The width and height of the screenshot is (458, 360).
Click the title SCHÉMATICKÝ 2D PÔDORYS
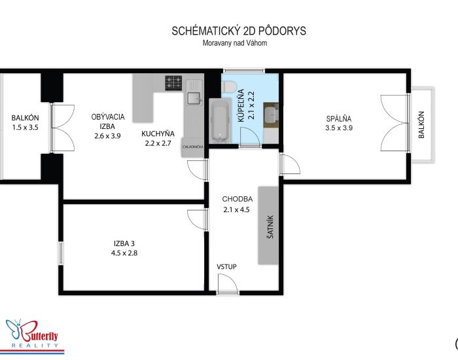click(x=239, y=31)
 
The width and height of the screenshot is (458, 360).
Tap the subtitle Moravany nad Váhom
click(x=235, y=43)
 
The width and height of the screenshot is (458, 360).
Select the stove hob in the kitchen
click(x=173, y=82)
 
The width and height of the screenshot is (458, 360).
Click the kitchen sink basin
click(x=194, y=98)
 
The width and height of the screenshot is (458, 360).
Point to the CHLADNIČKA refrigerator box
click(x=193, y=147)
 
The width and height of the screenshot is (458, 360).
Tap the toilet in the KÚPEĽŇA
click(x=229, y=86)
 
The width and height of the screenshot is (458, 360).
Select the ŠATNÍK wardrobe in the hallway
click(x=268, y=225)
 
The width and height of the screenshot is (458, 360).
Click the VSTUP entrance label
click(x=226, y=267)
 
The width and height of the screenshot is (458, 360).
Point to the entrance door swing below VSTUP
click(x=228, y=283)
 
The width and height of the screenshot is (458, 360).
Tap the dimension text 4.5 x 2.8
click(x=124, y=253)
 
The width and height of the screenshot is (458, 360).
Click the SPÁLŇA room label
click(x=339, y=118)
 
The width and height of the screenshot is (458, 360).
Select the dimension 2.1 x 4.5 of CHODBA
click(x=237, y=209)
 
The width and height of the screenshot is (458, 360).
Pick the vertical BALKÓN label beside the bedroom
click(x=421, y=124)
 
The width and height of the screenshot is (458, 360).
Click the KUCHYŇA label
click(x=158, y=134)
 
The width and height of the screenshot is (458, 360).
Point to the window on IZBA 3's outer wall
click(x=60, y=253)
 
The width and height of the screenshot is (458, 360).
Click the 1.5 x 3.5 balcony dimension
click(x=25, y=128)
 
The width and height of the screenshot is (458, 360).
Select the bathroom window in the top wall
click(x=244, y=71)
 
